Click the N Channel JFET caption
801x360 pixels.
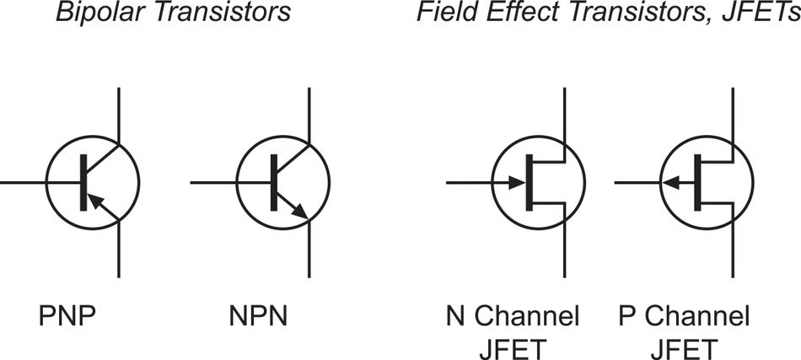(x=512, y=332)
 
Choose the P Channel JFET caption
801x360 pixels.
(x=684, y=332)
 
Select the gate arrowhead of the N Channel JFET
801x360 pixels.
(x=515, y=182)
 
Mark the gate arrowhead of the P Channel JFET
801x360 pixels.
(x=671, y=182)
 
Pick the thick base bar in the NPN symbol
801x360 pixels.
(x=273, y=182)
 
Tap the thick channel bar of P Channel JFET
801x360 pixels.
(x=698, y=182)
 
